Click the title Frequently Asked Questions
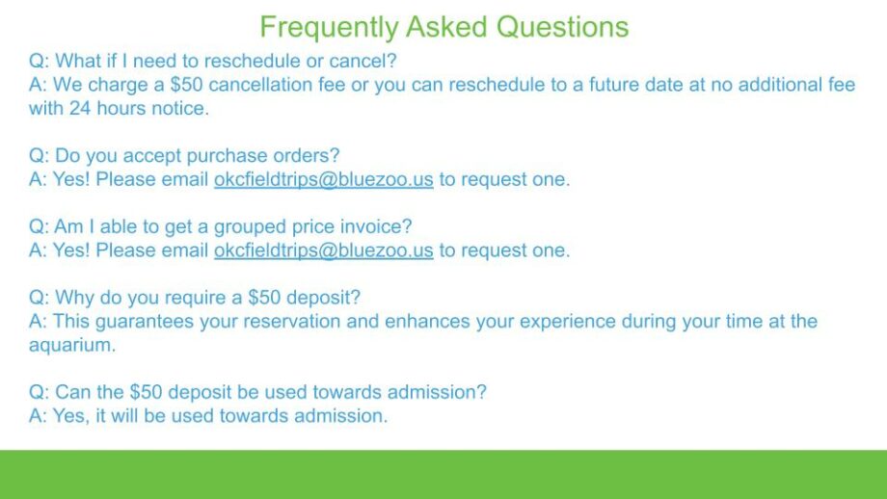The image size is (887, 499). coord(444,27)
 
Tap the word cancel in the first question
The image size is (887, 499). coord(363,61)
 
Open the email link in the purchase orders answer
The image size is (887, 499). coord(324,180)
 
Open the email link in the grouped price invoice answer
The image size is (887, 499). coord(324,250)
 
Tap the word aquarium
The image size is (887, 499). coord(72,346)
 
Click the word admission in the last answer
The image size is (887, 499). coord(341,416)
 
